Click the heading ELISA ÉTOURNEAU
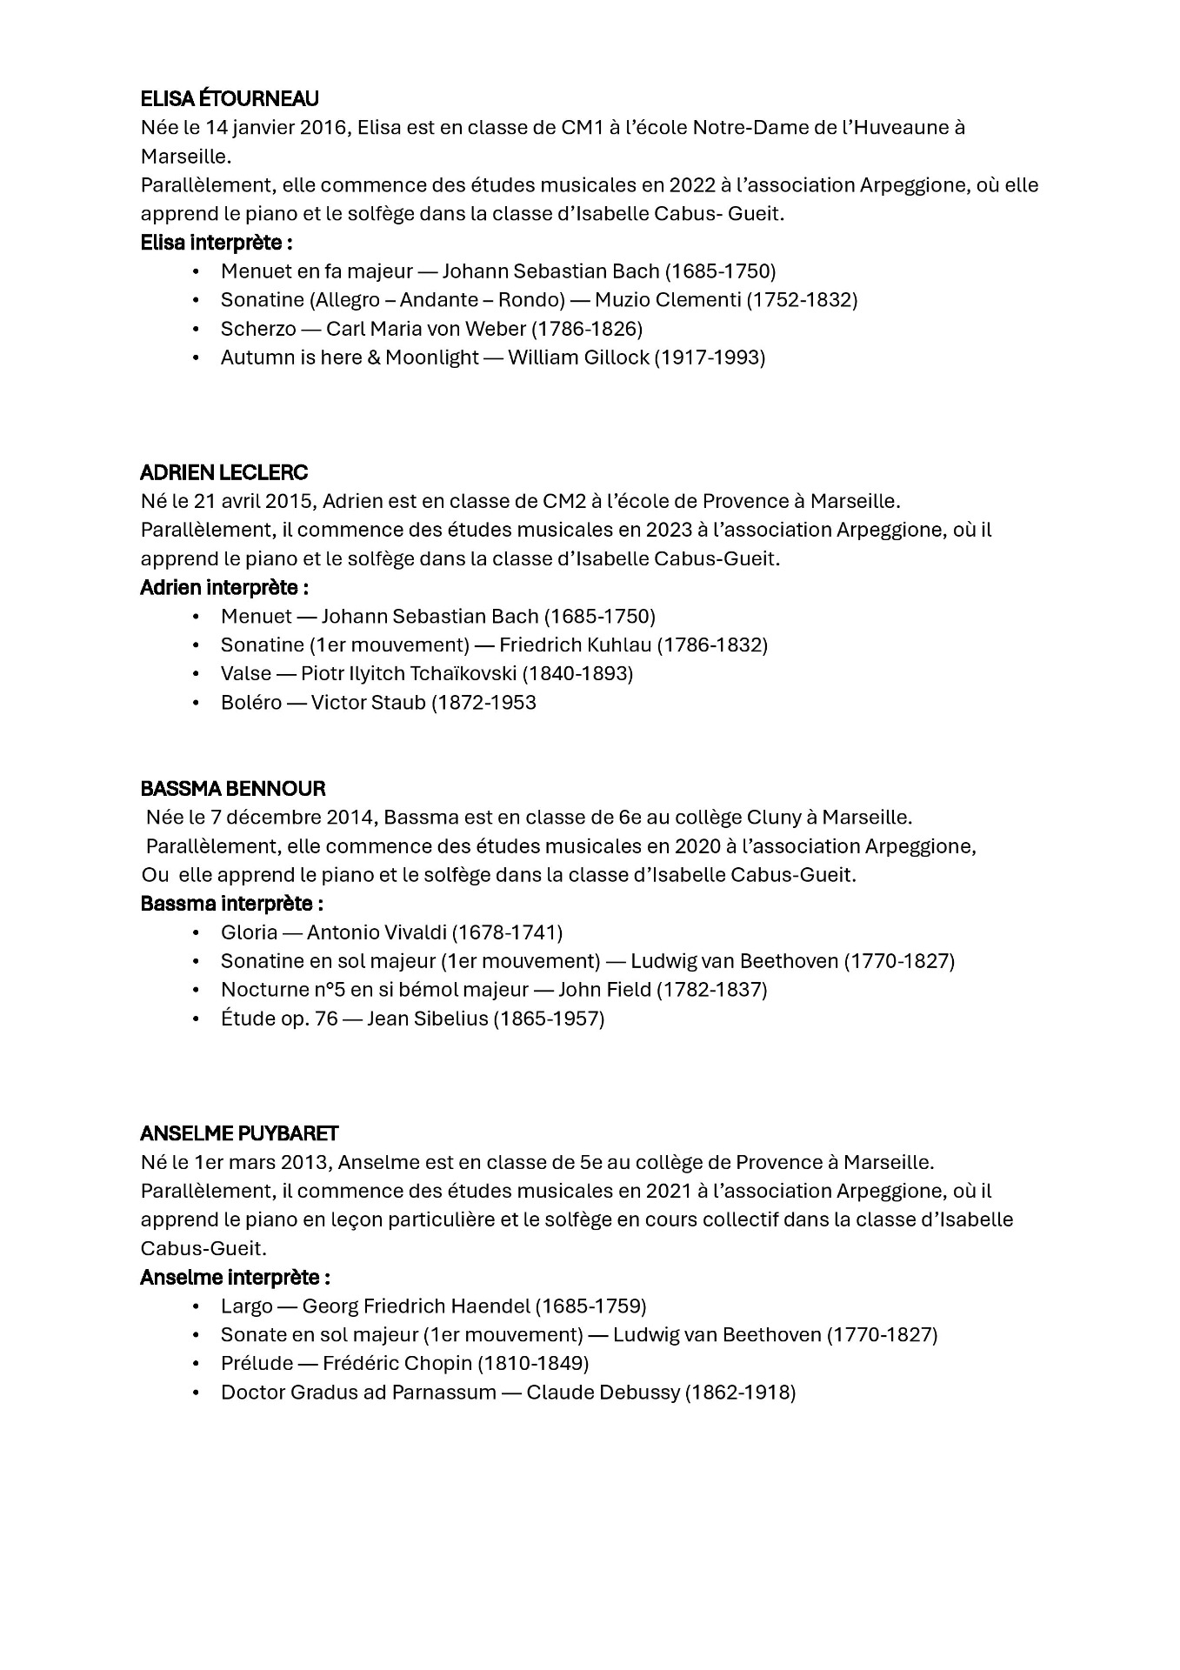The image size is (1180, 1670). click(230, 98)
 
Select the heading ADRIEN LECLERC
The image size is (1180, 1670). click(224, 472)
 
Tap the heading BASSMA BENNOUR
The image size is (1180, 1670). click(233, 789)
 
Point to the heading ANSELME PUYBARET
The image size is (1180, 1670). click(239, 1133)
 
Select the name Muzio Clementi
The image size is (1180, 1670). click(668, 300)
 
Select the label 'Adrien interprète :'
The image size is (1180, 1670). click(224, 587)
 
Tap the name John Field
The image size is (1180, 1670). click(603, 990)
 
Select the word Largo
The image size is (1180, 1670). click(247, 1306)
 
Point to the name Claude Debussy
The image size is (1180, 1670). click(603, 1392)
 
